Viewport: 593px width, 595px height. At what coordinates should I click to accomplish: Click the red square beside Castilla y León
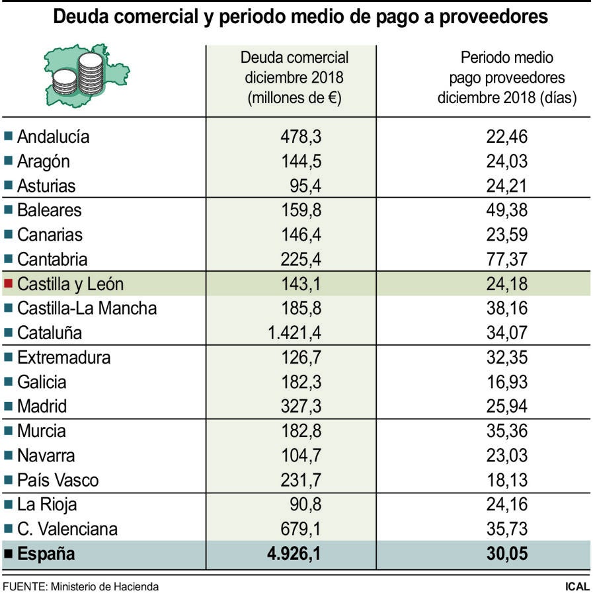[x=9, y=283]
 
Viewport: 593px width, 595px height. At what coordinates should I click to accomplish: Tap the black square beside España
[x=9, y=553]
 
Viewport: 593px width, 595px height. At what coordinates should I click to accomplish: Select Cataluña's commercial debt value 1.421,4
[x=294, y=333]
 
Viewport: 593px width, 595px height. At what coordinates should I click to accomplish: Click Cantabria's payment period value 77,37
[x=507, y=259]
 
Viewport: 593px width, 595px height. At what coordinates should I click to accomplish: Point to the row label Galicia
[x=42, y=382]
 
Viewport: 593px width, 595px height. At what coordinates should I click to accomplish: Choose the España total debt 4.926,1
[x=294, y=553]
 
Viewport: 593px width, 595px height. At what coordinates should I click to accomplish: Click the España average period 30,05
[x=507, y=553]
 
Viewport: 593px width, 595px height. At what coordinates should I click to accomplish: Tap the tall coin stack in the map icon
[x=91, y=73]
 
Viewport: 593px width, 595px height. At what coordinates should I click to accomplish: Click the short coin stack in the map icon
[x=65, y=83]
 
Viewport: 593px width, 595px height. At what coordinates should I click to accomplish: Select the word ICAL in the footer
[x=577, y=586]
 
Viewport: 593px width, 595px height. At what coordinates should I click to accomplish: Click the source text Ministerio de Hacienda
[x=104, y=586]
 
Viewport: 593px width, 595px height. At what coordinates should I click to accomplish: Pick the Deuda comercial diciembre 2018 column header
[x=294, y=78]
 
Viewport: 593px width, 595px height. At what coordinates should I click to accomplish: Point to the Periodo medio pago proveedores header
[x=507, y=78]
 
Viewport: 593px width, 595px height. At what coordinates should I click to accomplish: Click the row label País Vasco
[x=58, y=480]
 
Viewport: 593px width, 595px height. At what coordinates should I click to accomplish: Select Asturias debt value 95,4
[x=305, y=186]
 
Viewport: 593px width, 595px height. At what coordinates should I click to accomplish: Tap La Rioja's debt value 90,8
[x=305, y=504]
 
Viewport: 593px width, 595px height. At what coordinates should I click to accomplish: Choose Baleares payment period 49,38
[x=507, y=210]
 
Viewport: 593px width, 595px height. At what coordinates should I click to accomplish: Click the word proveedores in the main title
[x=493, y=17]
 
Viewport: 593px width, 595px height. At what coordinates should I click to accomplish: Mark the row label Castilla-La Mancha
[x=87, y=308]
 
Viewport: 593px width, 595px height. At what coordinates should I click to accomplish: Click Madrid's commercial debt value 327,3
[x=301, y=407]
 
